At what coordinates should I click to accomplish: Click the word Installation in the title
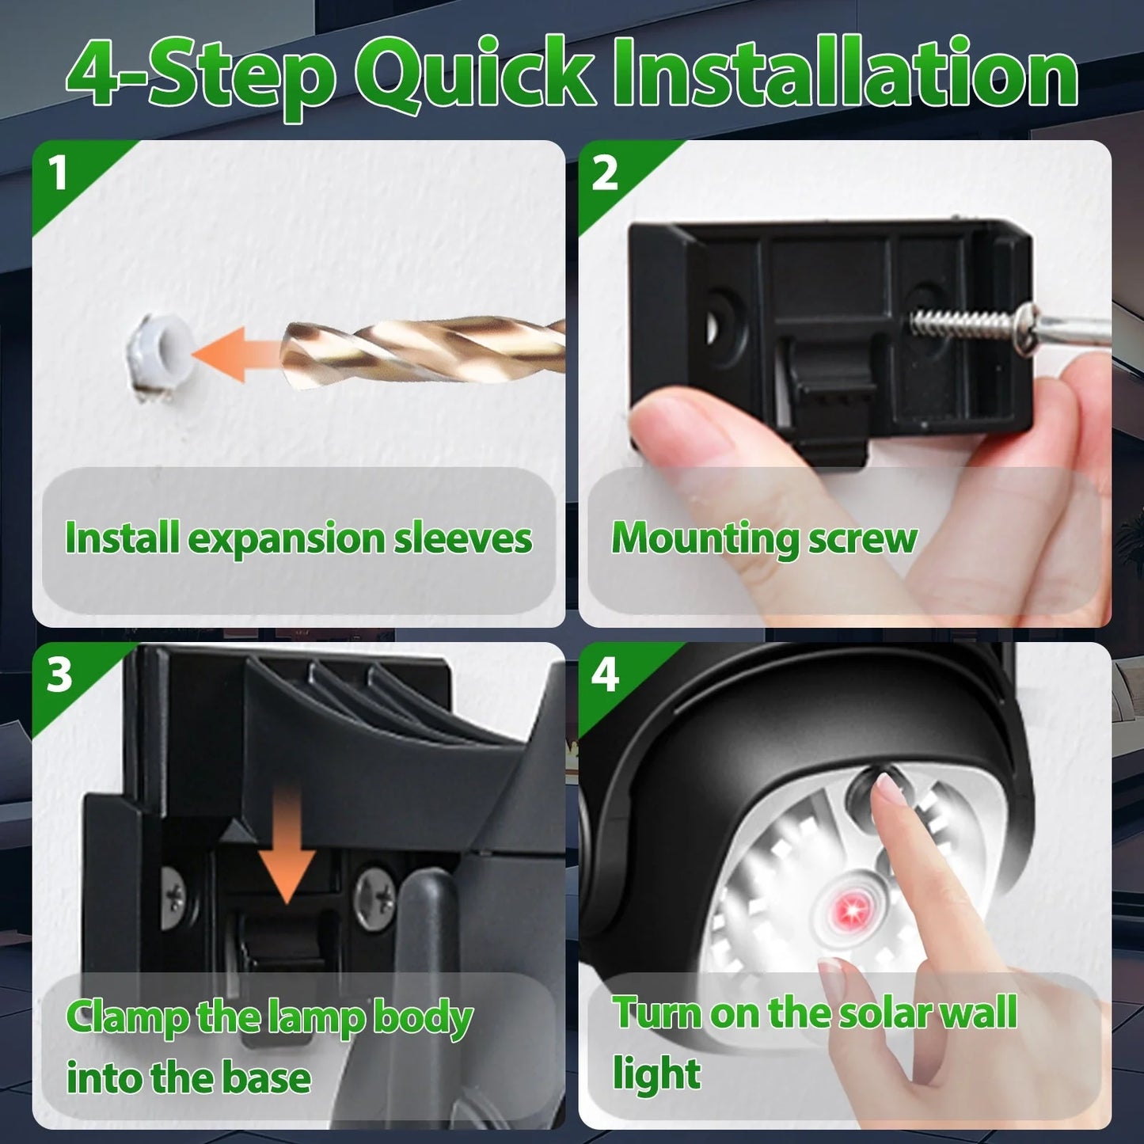[845, 74]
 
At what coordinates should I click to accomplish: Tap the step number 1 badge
[58, 173]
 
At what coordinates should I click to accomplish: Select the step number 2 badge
[604, 173]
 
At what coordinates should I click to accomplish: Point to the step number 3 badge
[59, 675]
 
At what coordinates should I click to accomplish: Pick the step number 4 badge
[605, 675]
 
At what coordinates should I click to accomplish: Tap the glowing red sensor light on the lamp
[850, 903]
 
